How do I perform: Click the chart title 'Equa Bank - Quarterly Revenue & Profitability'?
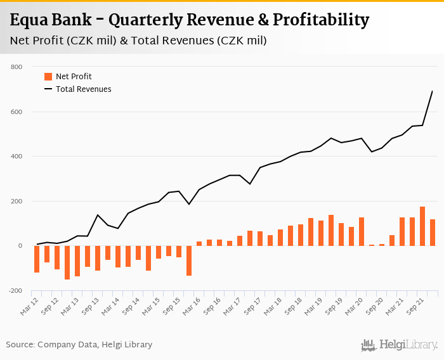[x=190, y=20]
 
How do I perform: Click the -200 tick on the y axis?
[x=15, y=291]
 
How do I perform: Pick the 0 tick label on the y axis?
[x=20, y=246]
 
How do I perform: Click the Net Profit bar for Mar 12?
[x=37, y=259]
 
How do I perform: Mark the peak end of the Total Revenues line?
[x=433, y=91]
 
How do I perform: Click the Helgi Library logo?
[x=400, y=345]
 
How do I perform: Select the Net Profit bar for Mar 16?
[x=199, y=243]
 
